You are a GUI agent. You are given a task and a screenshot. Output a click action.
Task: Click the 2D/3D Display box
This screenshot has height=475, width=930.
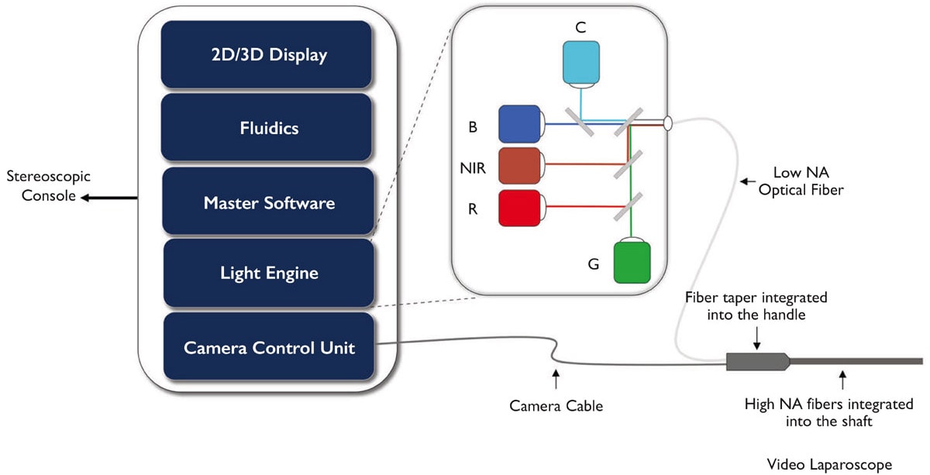tap(267, 54)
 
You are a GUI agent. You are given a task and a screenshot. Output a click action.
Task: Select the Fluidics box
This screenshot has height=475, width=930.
tap(267, 127)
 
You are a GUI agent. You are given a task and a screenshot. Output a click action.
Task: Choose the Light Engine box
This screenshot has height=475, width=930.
tap(268, 273)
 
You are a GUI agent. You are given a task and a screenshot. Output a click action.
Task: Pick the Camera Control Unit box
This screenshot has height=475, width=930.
tap(268, 347)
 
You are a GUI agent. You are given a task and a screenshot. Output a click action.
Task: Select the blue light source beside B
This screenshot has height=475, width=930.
tap(521, 123)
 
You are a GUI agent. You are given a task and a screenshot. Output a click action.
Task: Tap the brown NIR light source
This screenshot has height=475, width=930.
tap(521, 164)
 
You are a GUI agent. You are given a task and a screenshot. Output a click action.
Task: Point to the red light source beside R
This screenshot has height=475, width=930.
tap(521, 207)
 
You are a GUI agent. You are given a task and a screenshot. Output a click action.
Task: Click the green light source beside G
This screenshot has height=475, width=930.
tap(632, 262)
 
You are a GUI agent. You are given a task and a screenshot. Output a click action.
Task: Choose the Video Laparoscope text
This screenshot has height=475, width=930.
tap(829, 464)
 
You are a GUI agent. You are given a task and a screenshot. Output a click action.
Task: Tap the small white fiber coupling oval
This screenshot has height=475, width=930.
tap(667, 122)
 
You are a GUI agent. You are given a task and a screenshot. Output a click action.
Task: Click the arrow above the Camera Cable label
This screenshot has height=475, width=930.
tap(556, 379)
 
